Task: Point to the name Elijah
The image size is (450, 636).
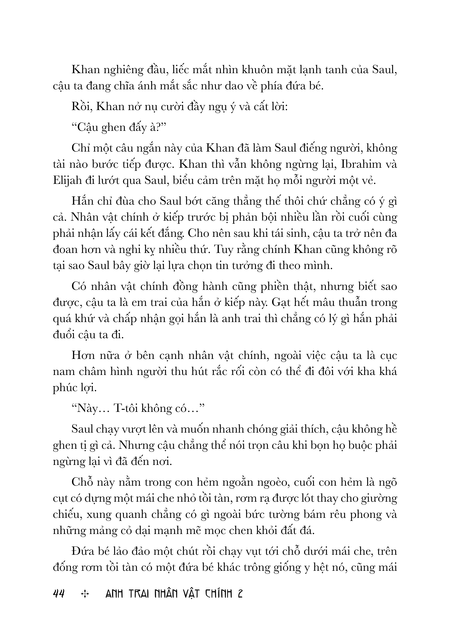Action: pyautogui.click(x=67, y=181)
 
